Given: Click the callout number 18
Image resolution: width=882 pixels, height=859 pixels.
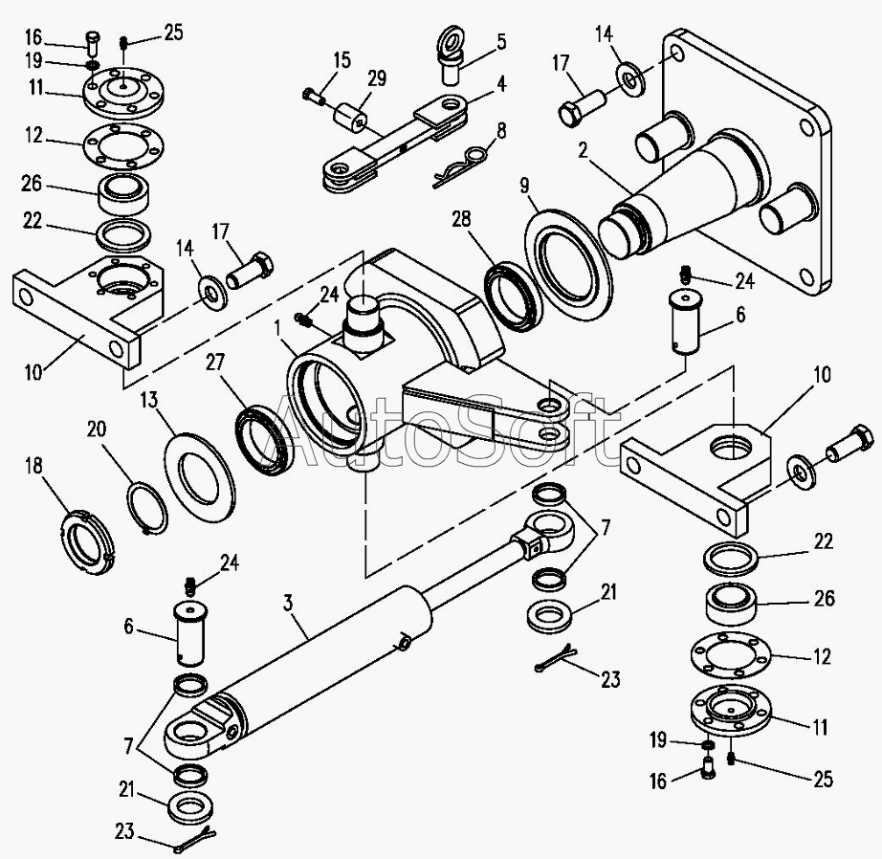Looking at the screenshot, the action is tap(34, 467).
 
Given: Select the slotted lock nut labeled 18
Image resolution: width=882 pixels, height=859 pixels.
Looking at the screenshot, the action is tap(87, 539).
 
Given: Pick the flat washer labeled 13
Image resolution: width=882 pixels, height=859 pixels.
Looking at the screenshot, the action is tap(199, 475).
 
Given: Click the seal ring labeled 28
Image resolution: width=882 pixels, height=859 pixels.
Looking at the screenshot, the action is tap(514, 296).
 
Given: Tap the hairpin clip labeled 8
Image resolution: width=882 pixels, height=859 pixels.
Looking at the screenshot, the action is tap(463, 165).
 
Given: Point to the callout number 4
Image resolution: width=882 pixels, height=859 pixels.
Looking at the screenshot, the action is tap(500, 84).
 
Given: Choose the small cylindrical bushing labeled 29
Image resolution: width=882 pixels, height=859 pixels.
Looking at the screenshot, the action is tap(351, 118).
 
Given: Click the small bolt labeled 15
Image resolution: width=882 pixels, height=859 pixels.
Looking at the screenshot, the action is tap(314, 97).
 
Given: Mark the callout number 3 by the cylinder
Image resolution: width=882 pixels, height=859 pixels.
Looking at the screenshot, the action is tap(288, 604).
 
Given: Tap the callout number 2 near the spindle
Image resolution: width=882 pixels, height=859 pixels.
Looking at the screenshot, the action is tap(583, 150).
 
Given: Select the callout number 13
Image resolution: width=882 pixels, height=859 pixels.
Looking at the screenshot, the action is tap(149, 401).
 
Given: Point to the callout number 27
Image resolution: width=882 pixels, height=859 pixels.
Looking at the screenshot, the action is tap(215, 362).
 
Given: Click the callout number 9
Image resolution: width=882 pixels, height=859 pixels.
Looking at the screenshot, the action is tap(524, 186).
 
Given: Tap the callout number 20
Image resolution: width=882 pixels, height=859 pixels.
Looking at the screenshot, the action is tap(97, 429).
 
